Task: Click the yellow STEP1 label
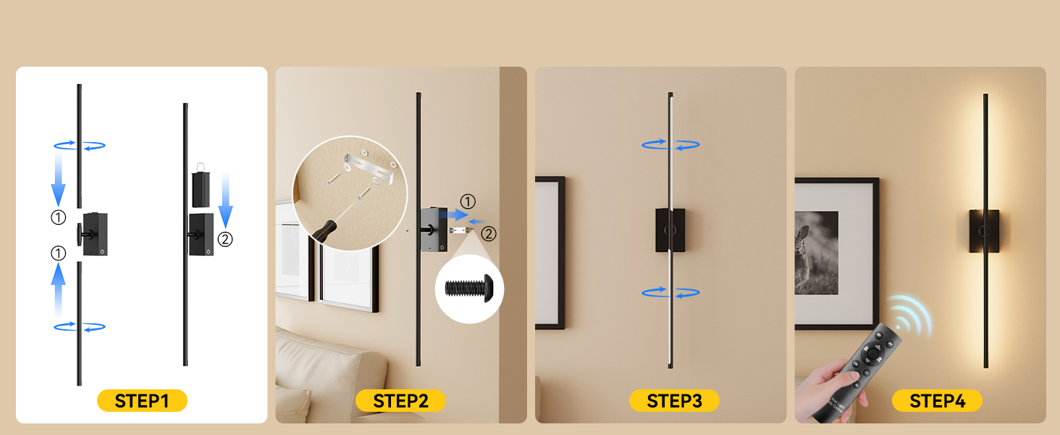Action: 142,401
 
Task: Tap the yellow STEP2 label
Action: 400,401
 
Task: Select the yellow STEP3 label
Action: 674,401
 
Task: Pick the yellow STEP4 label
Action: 937,401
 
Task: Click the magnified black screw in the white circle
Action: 469,288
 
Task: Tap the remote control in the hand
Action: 857,373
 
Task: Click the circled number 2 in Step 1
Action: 225,239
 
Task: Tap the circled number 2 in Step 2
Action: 489,233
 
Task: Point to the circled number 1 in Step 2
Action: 468,202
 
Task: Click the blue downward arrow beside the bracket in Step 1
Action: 226,200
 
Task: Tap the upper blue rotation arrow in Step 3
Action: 670,144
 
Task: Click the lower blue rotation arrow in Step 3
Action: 670,293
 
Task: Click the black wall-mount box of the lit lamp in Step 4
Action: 984,231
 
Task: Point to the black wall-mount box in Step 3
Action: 670,231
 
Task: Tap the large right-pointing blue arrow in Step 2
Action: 453,215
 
